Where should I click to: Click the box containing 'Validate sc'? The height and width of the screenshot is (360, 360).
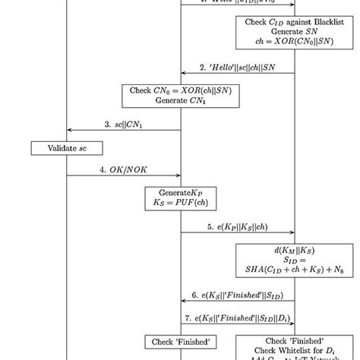tap(67, 148)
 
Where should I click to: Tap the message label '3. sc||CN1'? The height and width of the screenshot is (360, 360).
tap(122, 124)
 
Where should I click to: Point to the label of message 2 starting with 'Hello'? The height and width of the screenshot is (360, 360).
tap(237, 68)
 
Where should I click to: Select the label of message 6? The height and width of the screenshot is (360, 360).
tap(237, 295)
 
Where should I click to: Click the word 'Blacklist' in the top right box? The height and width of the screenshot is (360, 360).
tap(322, 22)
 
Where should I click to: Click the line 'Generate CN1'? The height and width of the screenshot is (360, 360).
tap(180, 99)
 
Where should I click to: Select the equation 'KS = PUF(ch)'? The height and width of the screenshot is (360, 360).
tap(180, 202)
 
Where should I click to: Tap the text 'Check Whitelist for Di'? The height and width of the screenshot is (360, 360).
tap(294, 349)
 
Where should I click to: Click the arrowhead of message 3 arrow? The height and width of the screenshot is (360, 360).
tap(70, 130)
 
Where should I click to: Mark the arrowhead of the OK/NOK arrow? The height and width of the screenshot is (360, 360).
tap(178, 175)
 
